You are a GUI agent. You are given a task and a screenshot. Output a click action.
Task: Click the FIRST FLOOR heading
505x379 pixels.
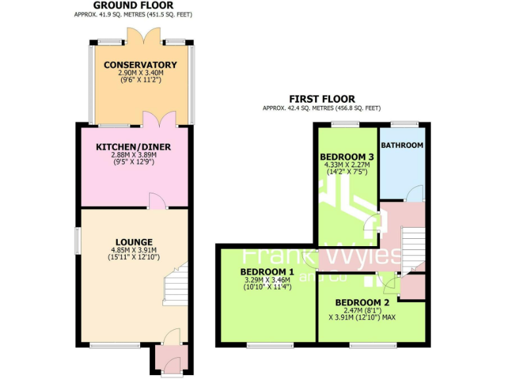point(322,99)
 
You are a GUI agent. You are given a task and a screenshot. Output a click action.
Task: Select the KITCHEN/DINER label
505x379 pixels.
point(133,147)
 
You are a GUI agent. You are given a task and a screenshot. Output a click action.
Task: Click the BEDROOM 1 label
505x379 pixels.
point(267,272)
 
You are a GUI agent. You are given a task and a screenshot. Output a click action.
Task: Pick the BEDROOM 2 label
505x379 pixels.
point(362,303)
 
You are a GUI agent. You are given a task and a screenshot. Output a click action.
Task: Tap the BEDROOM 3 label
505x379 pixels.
point(346,156)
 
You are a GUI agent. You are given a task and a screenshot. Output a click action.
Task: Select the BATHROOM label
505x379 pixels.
point(402,145)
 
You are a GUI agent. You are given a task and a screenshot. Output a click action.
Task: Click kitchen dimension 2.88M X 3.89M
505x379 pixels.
point(133,155)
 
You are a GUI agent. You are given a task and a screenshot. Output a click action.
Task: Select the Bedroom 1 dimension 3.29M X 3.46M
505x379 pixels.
point(267,280)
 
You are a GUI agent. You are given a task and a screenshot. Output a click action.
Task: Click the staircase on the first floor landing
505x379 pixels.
point(412,247)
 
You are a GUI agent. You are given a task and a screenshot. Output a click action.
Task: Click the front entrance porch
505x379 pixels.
point(170,359)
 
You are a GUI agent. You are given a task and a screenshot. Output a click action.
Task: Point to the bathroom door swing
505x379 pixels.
point(413,193)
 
